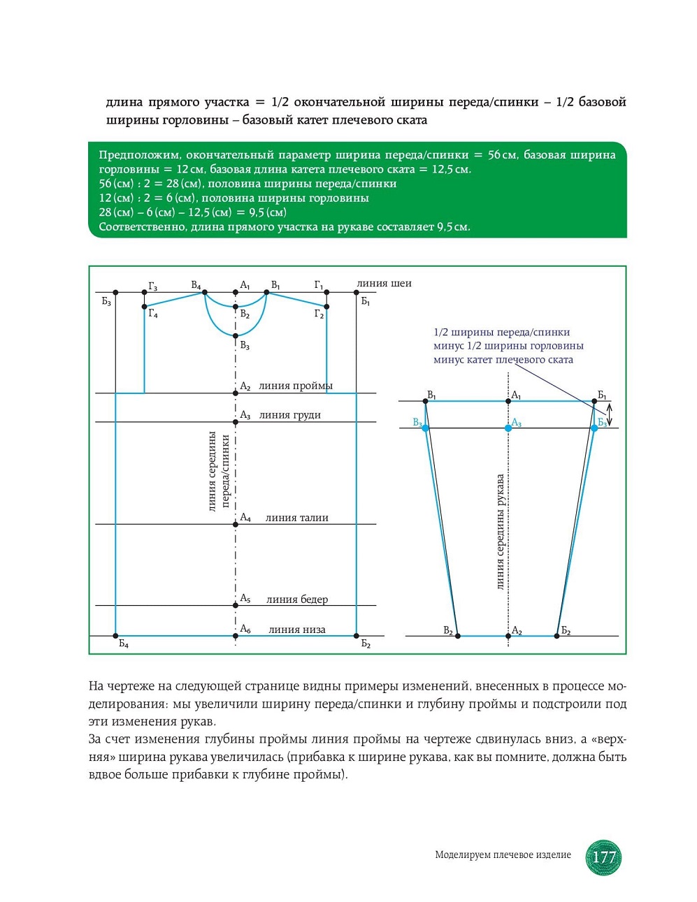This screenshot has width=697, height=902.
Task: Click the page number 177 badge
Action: click(x=603, y=857)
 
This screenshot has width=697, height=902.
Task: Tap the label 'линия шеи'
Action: click(x=384, y=284)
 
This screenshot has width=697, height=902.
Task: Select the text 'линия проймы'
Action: click(x=296, y=386)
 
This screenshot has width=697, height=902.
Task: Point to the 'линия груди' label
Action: click(x=289, y=415)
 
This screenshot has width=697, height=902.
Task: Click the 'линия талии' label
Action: click(x=296, y=518)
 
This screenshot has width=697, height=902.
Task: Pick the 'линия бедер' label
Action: click(x=296, y=599)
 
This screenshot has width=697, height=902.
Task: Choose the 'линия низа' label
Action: click(x=296, y=630)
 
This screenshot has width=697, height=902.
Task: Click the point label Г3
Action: click(x=152, y=286)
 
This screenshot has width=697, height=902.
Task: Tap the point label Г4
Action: click(x=153, y=314)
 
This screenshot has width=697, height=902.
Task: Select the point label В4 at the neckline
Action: click(x=196, y=285)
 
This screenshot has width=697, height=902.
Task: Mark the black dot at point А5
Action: click(x=236, y=606)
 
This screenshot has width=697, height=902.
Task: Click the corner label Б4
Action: click(x=123, y=644)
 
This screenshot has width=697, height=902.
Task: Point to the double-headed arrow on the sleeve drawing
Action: click(x=609, y=414)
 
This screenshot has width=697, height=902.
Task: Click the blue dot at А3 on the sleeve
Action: click(x=508, y=428)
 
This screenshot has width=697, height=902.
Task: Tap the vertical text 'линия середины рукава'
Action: click(x=501, y=532)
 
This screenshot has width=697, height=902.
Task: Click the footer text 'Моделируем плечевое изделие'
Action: click(x=503, y=854)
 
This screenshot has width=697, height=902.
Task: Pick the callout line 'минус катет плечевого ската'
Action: click(x=503, y=360)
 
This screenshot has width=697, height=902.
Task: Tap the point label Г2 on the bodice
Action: click(x=319, y=314)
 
